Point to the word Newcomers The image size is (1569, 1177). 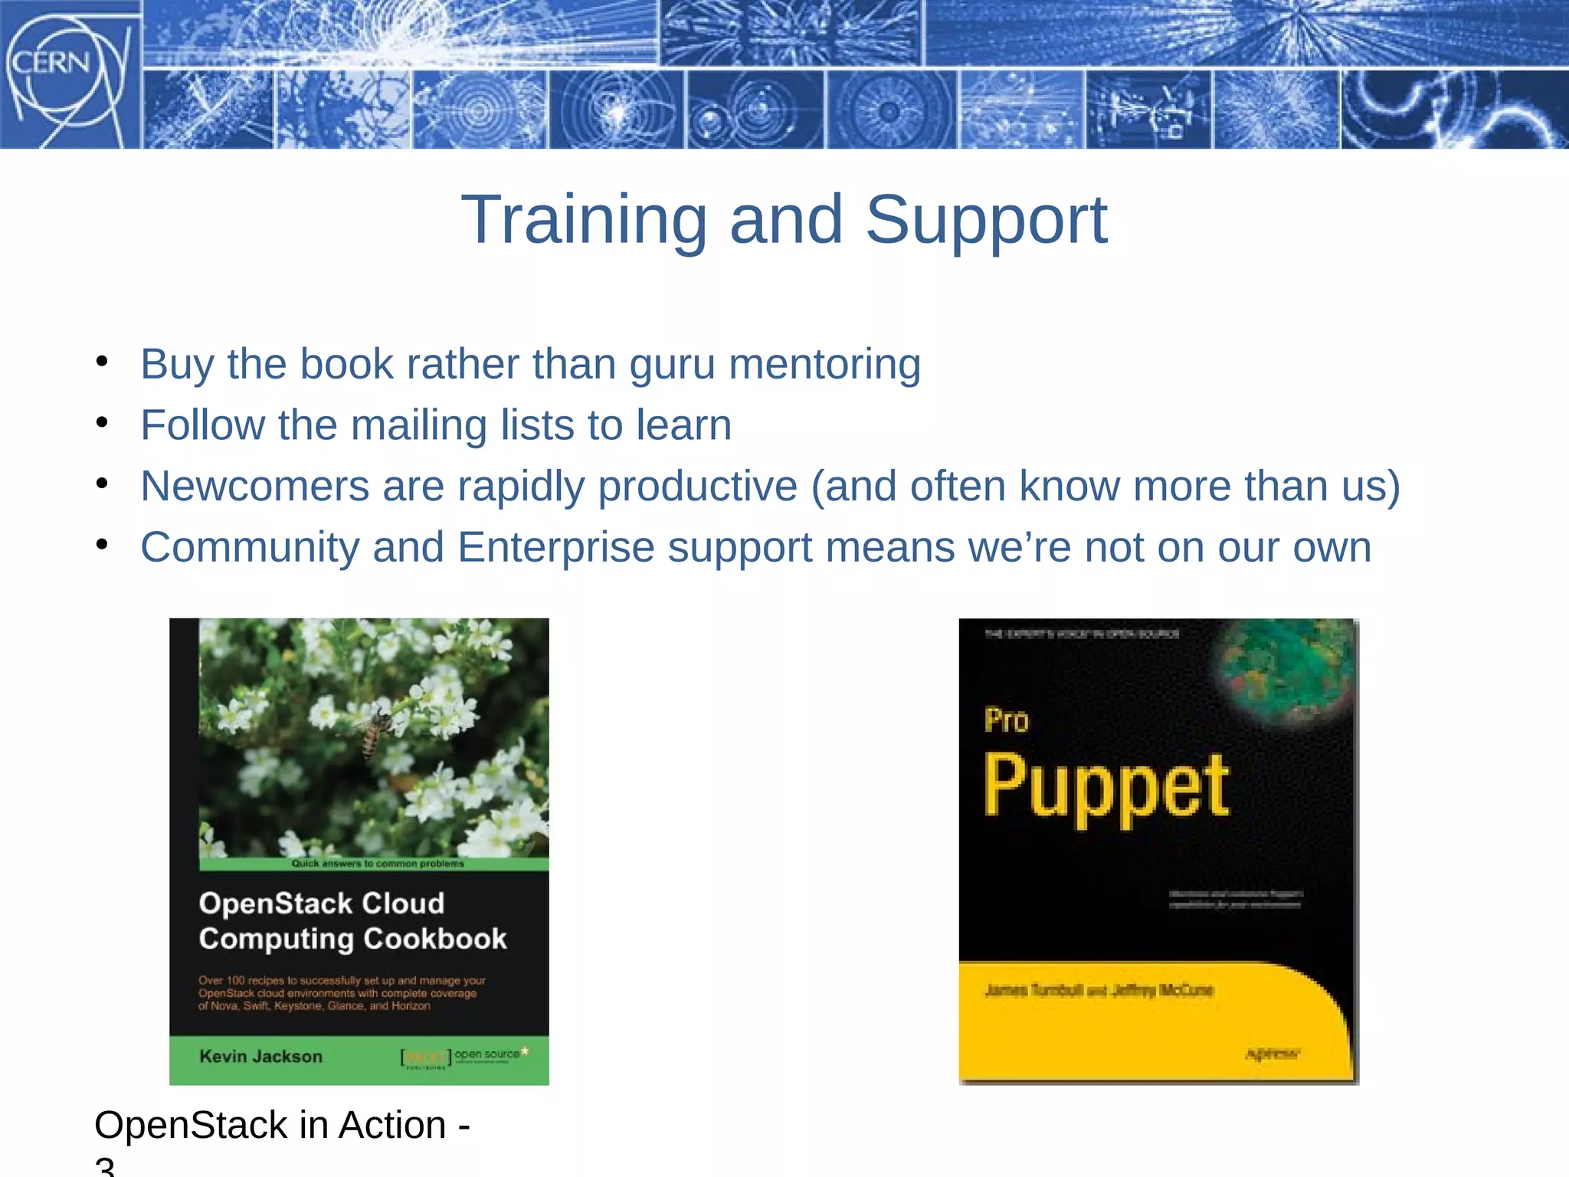pyautogui.click(x=254, y=487)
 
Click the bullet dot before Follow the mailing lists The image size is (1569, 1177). pyautogui.click(x=102, y=422)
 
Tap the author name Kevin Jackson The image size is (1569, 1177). pyautogui.click(x=260, y=1057)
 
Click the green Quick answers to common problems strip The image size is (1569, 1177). pyautogui.click(x=376, y=864)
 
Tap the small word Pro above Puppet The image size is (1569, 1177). pyautogui.click(x=1006, y=721)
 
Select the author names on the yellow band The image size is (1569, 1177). pyautogui.click(x=1099, y=991)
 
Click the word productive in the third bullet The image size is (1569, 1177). pyautogui.click(x=697, y=487)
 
